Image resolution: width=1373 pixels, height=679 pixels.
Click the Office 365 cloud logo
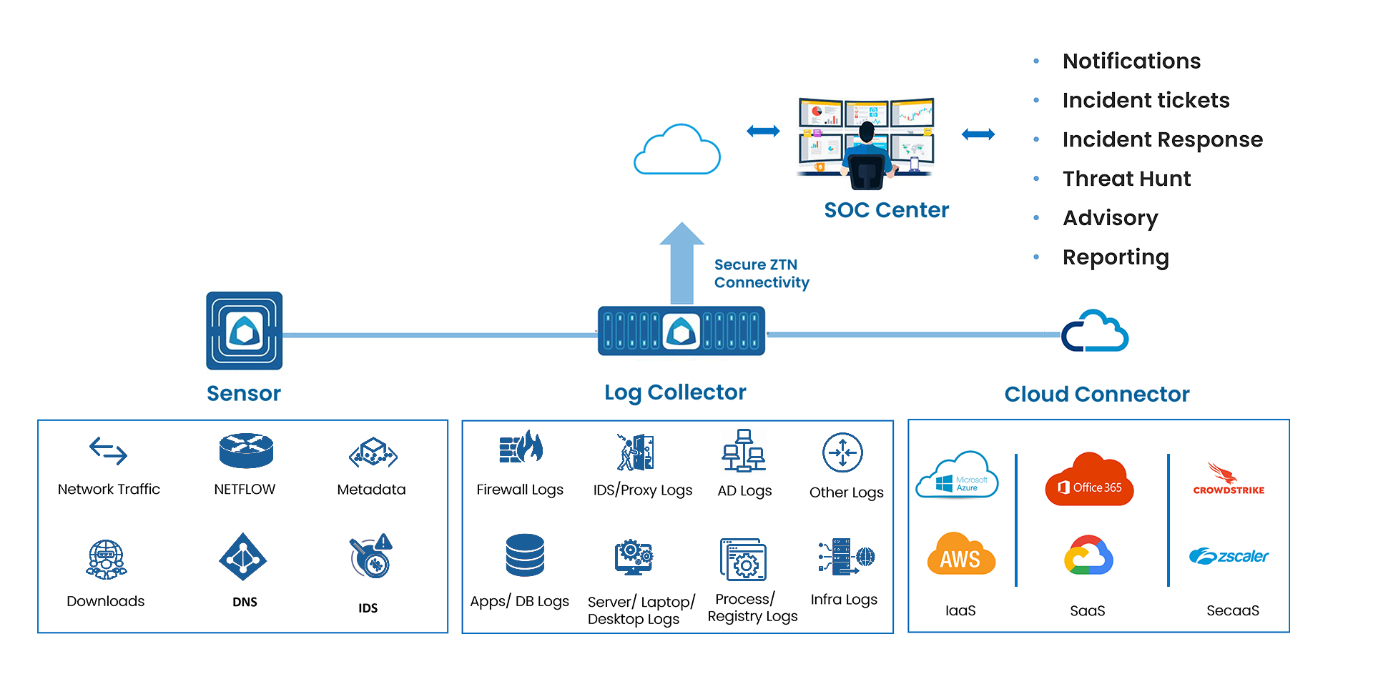click(x=1089, y=480)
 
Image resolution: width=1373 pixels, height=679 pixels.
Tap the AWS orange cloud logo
click(x=960, y=555)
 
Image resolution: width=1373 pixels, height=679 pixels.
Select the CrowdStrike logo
click(x=1228, y=479)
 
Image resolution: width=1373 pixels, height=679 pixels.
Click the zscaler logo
click(x=1229, y=556)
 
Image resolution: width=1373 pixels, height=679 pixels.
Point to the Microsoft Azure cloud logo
click(x=957, y=476)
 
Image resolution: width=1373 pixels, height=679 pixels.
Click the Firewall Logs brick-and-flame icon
click(x=521, y=448)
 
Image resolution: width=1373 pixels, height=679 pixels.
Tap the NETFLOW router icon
click(x=246, y=450)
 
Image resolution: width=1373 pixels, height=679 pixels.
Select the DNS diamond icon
click(x=243, y=557)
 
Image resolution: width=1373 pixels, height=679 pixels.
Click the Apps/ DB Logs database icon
click(x=525, y=555)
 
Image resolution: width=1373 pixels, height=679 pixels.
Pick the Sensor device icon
click(x=245, y=330)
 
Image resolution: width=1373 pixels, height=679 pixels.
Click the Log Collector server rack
click(x=681, y=331)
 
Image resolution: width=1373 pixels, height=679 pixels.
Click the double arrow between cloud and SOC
click(x=763, y=131)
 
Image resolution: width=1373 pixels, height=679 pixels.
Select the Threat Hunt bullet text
click(x=1126, y=179)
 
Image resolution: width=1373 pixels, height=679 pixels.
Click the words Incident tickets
click(x=1146, y=100)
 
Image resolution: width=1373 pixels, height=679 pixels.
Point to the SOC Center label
click(x=886, y=210)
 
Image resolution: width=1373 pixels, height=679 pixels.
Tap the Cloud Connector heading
click(x=1096, y=394)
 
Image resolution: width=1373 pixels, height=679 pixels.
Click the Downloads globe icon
click(x=106, y=559)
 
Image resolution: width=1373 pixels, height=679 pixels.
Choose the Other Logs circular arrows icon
click(x=842, y=452)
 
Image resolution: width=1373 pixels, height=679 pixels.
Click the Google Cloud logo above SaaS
click(x=1088, y=555)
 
